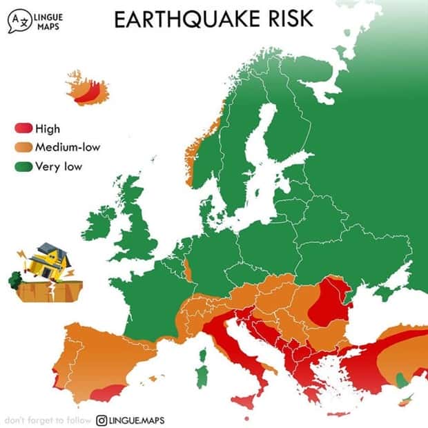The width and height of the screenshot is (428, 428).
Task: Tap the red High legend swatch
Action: tap(23, 128)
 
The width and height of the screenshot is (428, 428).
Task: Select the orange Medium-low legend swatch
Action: tap(23, 146)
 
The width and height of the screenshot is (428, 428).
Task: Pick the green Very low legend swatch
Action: tap(23, 166)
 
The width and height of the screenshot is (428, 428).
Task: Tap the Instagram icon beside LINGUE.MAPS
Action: tap(101, 420)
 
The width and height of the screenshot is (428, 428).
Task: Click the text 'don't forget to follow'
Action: tap(47, 420)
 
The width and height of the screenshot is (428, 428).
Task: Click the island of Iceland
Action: tap(88, 89)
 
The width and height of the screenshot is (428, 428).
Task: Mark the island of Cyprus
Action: tap(408, 399)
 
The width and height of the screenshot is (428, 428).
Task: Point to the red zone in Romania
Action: tap(328, 304)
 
